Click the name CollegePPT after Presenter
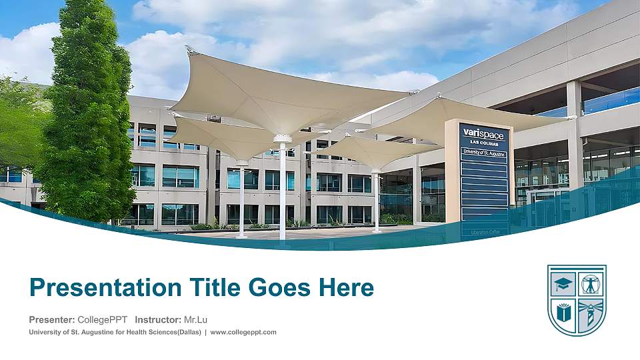point(102,320)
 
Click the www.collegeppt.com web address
point(243,332)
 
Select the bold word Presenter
point(51,320)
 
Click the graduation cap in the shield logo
point(563,283)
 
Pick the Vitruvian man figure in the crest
point(591,283)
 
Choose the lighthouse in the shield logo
point(589,313)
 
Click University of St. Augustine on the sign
point(484,153)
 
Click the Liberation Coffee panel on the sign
point(485,231)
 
